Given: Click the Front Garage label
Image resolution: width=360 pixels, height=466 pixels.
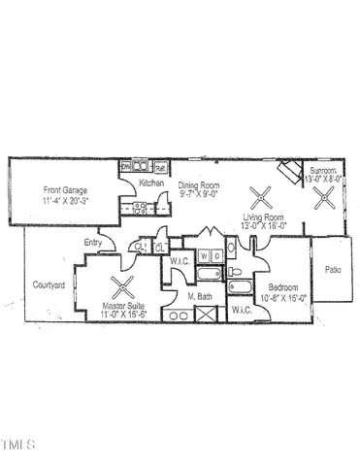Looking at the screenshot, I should pos(65,191).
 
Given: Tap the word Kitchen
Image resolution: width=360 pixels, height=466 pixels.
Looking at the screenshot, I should pos(150,183).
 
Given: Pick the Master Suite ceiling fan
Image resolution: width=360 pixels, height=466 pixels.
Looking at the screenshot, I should pos(123,286).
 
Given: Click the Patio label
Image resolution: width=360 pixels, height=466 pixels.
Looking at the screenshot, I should pos(333,270).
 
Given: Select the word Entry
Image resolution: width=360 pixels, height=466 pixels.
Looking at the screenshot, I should pos(94,243).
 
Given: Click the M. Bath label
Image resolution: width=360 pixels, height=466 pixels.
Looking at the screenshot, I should pos(200,296).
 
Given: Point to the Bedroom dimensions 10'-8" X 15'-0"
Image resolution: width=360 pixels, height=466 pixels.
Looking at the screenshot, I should pos(282,298).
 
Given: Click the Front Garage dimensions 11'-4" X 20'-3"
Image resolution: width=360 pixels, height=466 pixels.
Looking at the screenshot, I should pos(65,201).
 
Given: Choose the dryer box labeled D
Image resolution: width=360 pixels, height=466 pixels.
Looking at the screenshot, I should pos(217,256).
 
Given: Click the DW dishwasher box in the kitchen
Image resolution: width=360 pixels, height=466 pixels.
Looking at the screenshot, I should pos(126,167).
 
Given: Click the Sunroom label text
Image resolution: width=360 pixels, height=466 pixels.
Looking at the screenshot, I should pos(323,170).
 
